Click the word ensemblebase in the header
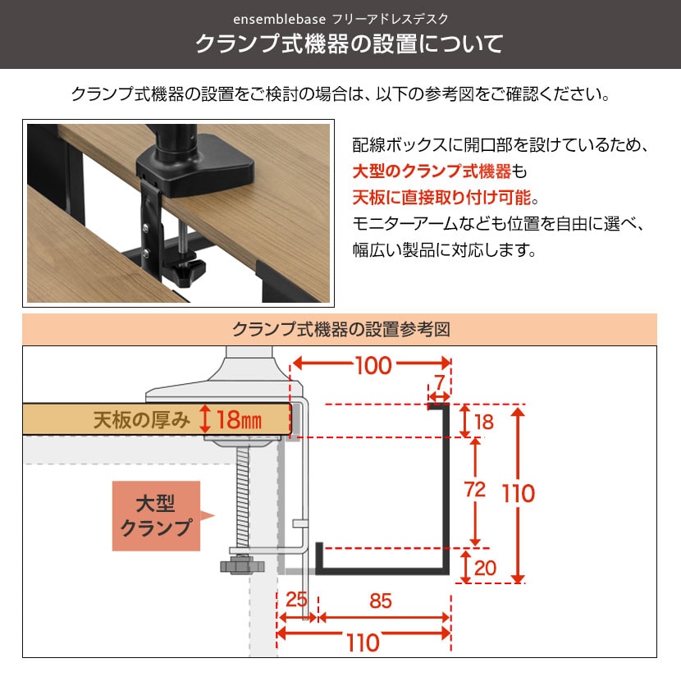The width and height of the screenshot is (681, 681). pyautogui.click(x=279, y=19)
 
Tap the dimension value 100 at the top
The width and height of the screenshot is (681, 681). pyautogui.click(x=373, y=365)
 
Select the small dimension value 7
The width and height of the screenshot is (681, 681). pyautogui.click(x=440, y=382)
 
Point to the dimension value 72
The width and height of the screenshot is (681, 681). pyautogui.click(x=475, y=490)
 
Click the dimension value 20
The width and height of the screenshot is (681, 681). pyautogui.click(x=485, y=568)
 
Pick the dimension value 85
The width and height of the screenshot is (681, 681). pyautogui.click(x=381, y=601)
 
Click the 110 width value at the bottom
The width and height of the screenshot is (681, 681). pyautogui.click(x=363, y=642)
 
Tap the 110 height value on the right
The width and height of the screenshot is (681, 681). pyautogui.click(x=519, y=493)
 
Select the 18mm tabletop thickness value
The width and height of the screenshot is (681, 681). pyautogui.click(x=240, y=419)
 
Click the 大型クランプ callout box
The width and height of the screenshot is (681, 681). pyautogui.click(x=157, y=516)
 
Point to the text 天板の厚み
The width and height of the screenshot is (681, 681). pyautogui.click(x=142, y=420)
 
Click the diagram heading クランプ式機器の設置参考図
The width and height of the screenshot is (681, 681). pyautogui.click(x=341, y=330)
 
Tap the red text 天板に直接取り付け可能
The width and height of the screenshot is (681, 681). pyautogui.click(x=441, y=198)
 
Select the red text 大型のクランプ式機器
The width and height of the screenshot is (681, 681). pyautogui.click(x=432, y=171)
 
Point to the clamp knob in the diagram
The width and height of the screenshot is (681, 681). pyautogui.click(x=242, y=566)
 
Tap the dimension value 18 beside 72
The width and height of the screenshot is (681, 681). pyautogui.click(x=484, y=422)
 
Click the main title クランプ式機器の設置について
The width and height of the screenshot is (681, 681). pyautogui.click(x=350, y=43)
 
